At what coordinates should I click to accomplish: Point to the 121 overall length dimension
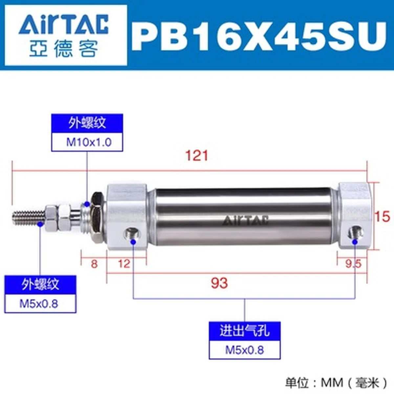click(x=197, y=156)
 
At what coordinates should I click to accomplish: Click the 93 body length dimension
click(x=219, y=283)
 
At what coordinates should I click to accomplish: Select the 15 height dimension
click(x=383, y=216)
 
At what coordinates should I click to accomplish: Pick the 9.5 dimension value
click(x=354, y=264)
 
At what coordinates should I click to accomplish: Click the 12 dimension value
click(x=124, y=264)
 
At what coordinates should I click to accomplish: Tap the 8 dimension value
click(x=94, y=264)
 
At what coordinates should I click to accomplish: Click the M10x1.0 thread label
click(x=89, y=142)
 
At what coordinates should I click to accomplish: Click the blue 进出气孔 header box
click(x=245, y=331)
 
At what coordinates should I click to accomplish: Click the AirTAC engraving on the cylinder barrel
click(x=245, y=220)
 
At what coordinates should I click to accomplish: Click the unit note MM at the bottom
click(x=332, y=382)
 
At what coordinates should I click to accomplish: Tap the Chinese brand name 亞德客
click(x=63, y=49)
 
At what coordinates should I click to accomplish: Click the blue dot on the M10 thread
click(x=87, y=204)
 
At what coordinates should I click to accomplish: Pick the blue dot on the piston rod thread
click(x=40, y=224)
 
